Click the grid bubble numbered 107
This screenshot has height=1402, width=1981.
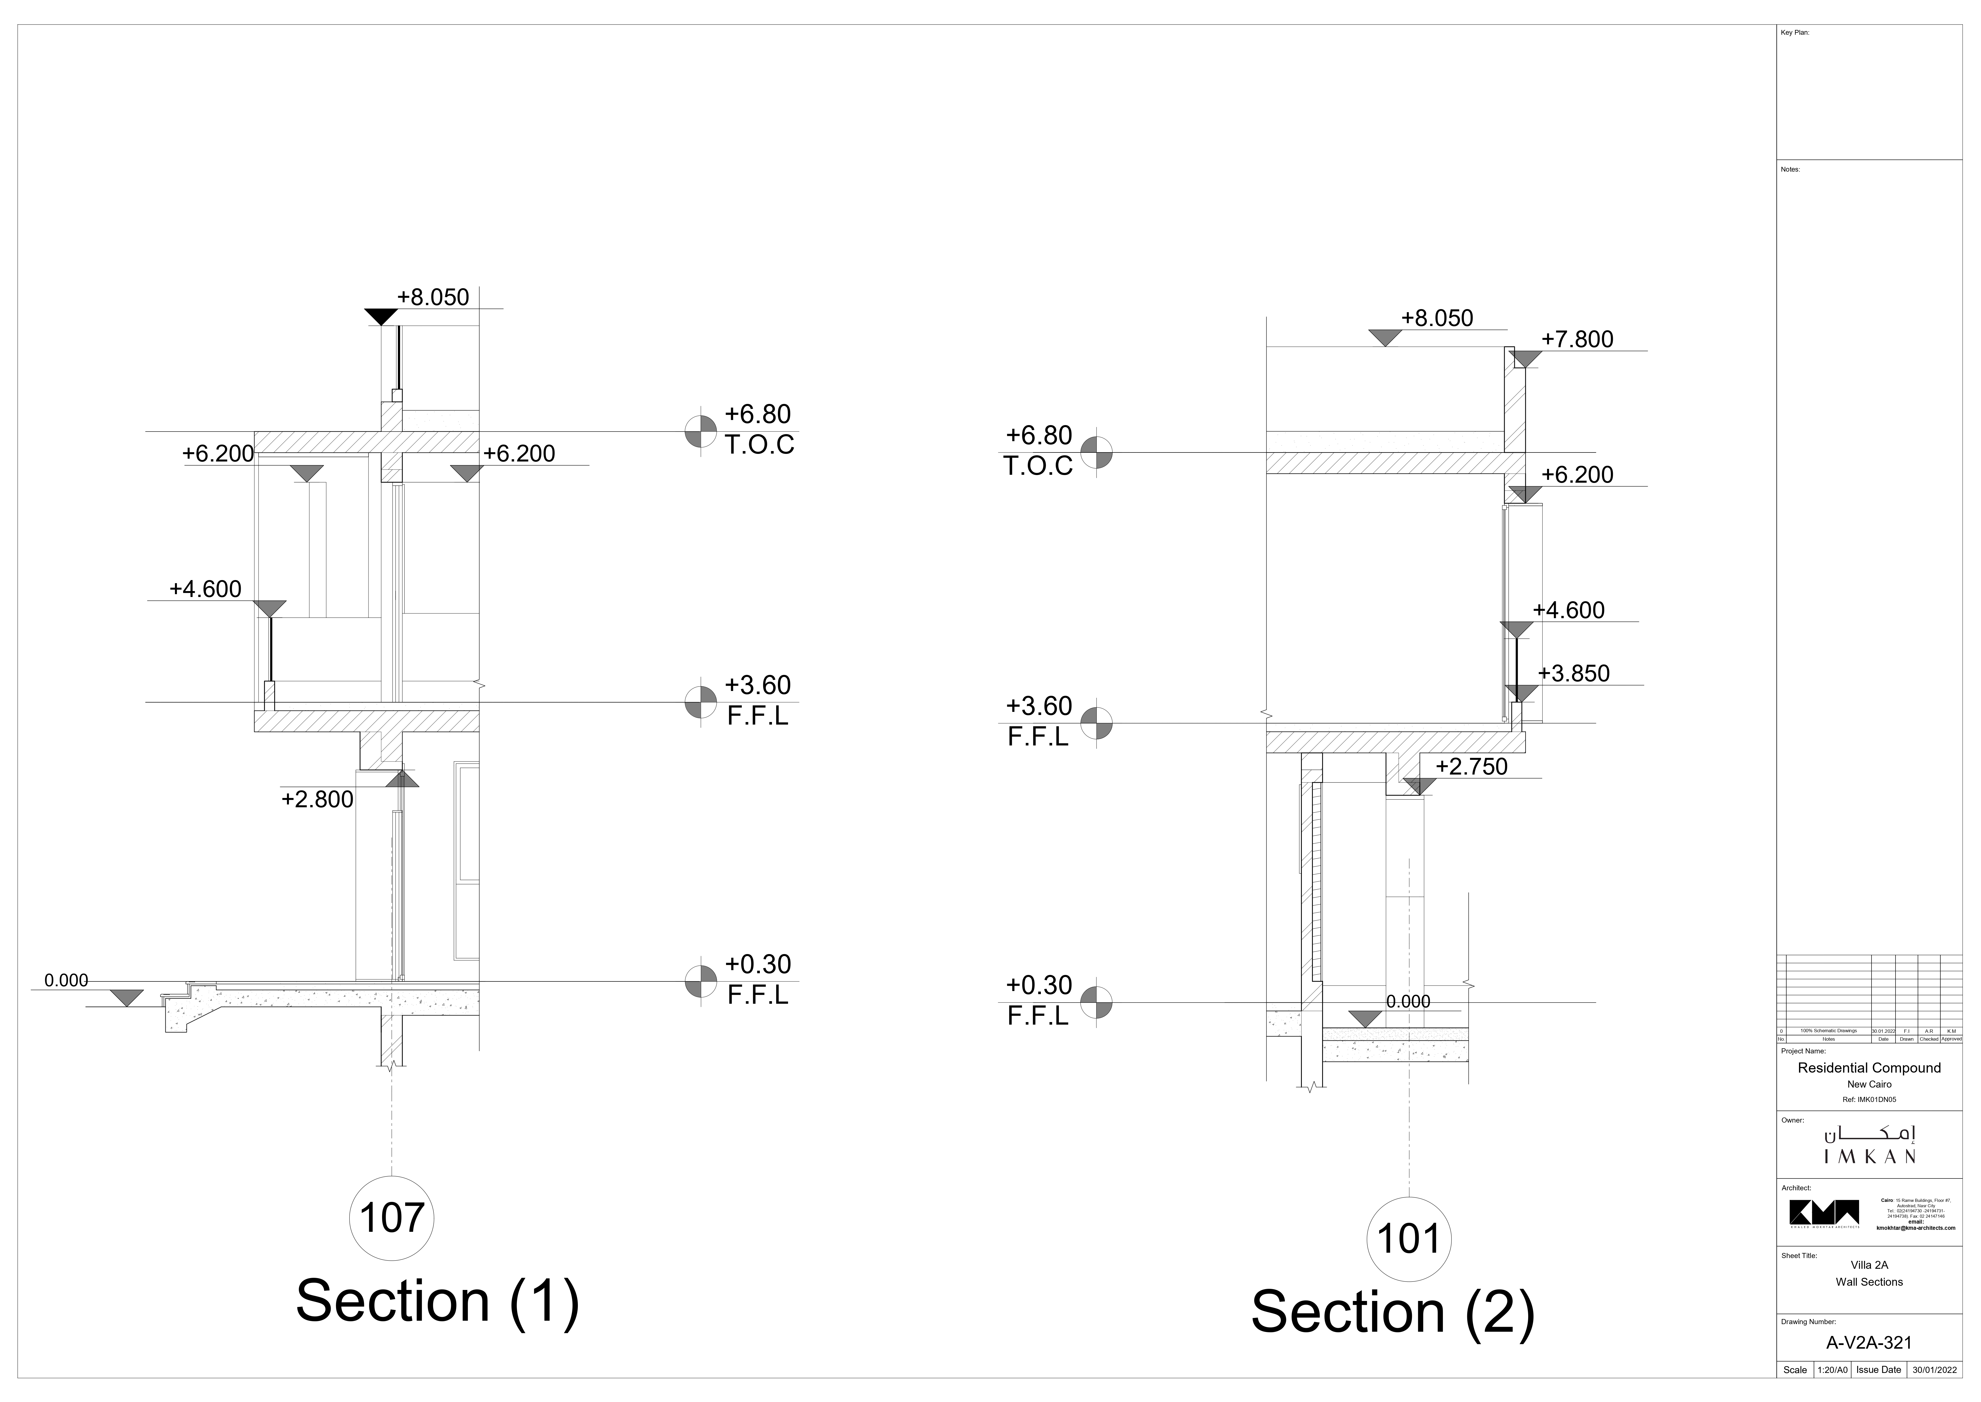click(x=392, y=1218)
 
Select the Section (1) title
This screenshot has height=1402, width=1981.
click(x=437, y=1301)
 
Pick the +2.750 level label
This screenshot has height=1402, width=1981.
click(x=1471, y=767)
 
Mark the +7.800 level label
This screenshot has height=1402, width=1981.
click(x=1577, y=339)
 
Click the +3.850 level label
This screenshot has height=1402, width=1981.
click(x=1574, y=673)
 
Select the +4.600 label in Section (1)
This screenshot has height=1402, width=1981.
click(x=205, y=589)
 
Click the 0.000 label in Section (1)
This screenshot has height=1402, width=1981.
click(x=66, y=981)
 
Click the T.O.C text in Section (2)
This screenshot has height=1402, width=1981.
click(x=1038, y=466)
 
